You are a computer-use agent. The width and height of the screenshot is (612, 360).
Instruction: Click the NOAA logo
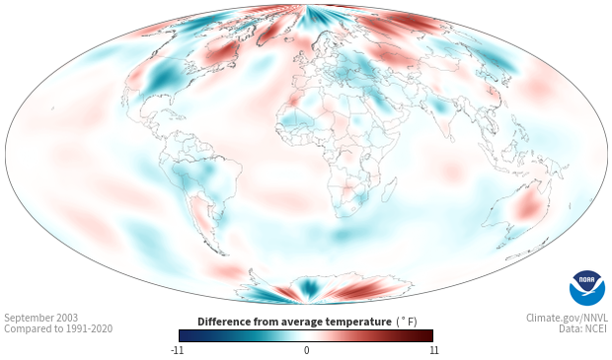click(x=587, y=288)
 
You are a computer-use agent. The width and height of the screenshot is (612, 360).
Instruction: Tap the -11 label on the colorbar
click(x=177, y=350)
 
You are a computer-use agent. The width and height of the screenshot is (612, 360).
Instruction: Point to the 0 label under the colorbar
click(x=306, y=350)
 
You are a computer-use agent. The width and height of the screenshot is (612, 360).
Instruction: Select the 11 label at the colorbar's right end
click(x=434, y=350)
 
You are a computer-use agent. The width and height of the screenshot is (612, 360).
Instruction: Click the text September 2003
click(x=41, y=318)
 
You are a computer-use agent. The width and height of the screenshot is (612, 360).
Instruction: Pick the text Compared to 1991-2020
click(x=58, y=328)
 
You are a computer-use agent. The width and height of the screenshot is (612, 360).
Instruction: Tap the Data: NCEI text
click(x=583, y=328)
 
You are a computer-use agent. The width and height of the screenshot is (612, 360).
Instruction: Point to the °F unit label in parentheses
click(x=407, y=323)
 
